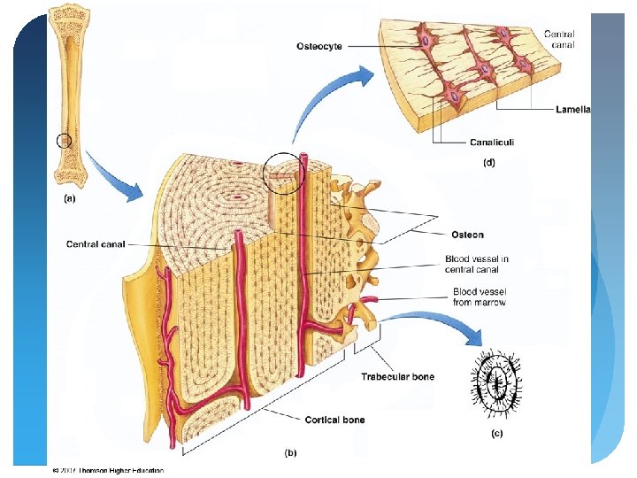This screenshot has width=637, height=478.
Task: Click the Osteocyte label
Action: (x=319, y=45)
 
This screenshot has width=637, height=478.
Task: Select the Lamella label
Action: (x=573, y=110)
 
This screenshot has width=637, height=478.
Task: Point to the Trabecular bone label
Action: (x=397, y=377)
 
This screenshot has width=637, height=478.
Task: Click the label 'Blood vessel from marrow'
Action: (x=479, y=297)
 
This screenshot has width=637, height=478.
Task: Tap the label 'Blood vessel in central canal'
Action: (x=477, y=264)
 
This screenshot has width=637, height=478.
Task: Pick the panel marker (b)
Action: (x=290, y=452)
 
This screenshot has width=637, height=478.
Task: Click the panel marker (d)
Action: (x=488, y=162)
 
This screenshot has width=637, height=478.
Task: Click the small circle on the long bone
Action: (x=64, y=140)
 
